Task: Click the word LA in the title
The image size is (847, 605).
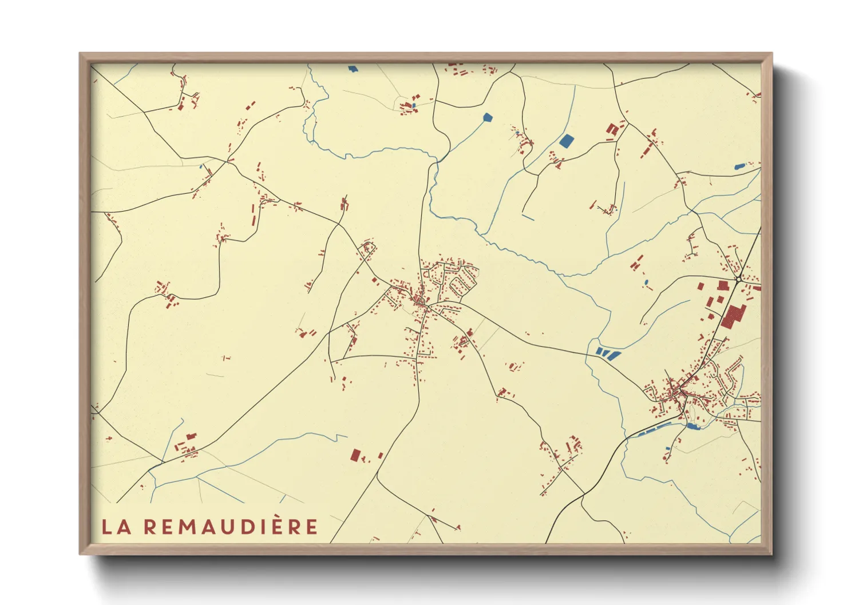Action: (x=116, y=527)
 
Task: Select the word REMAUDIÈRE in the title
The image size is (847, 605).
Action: (x=230, y=527)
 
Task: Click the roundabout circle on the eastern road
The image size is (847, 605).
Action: (x=739, y=278)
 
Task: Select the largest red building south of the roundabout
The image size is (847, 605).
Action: (x=732, y=316)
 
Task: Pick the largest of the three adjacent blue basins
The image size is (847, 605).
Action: (x=613, y=355)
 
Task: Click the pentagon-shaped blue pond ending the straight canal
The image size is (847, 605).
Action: (x=487, y=118)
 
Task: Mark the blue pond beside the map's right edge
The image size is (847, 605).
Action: (x=739, y=167)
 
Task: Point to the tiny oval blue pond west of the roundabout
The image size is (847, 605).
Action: (x=646, y=282)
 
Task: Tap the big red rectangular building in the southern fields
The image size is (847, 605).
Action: (x=355, y=456)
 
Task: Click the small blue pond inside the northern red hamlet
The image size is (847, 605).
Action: (x=413, y=106)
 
